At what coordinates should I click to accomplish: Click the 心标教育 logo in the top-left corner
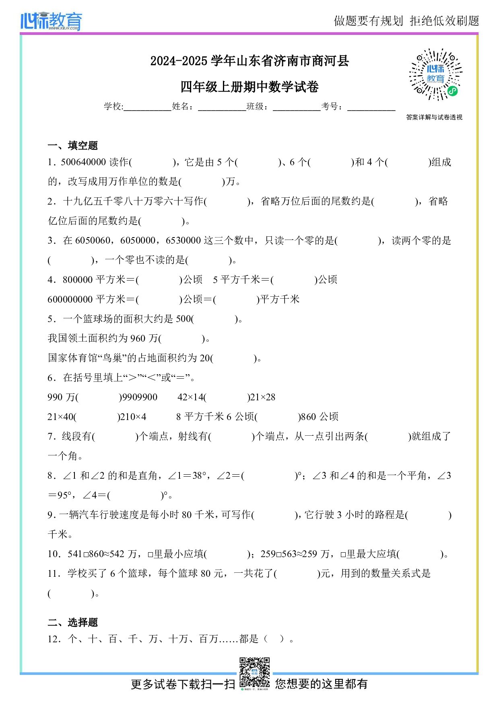click(51, 21)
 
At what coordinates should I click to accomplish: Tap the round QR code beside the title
click(435, 75)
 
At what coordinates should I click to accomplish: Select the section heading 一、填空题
click(73, 146)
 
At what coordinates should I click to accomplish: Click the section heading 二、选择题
click(73, 622)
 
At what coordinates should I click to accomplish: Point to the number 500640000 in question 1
click(83, 162)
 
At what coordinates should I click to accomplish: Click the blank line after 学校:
click(148, 107)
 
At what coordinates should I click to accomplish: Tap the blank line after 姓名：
click(222, 107)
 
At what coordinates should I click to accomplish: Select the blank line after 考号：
click(371, 107)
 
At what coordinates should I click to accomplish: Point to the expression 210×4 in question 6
click(134, 417)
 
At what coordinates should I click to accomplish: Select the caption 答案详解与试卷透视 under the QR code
click(434, 117)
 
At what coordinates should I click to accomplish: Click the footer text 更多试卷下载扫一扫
click(183, 684)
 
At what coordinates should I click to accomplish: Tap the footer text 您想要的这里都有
click(321, 684)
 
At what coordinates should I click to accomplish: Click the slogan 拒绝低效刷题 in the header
click(444, 21)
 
